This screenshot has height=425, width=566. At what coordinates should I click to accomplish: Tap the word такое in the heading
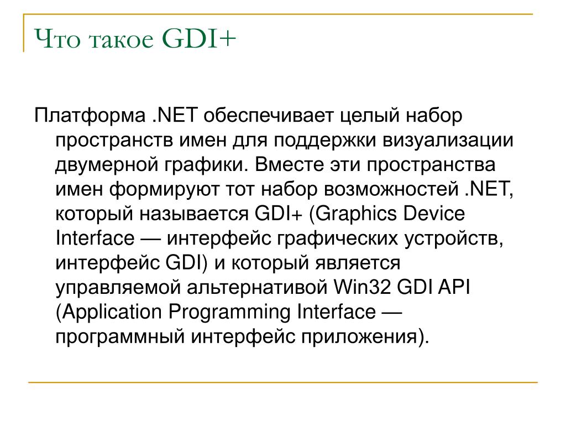[x=121, y=40]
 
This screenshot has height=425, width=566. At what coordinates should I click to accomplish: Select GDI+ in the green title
[x=199, y=38]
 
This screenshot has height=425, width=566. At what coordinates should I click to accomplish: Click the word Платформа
[x=90, y=116]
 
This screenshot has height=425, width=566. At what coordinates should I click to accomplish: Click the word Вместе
[x=289, y=165]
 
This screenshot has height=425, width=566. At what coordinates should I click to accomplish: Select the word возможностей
[x=391, y=190]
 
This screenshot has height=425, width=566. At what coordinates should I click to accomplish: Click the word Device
[x=434, y=214]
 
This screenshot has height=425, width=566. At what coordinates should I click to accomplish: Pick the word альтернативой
[x=257, y=288]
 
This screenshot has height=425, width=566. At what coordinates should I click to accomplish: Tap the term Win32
[x=362, y=288]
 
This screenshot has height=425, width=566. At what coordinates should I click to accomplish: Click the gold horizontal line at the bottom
[x=283, y=382]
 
